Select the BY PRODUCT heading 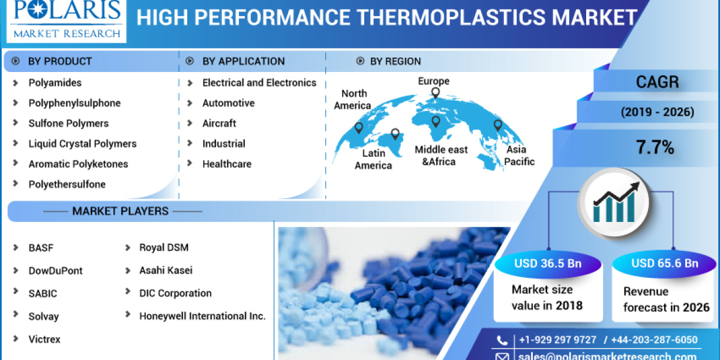click(x=60, y=61)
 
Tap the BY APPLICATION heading click(x=243, y=61)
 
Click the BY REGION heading click(x=395, y=61)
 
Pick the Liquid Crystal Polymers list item click(x=82, y=144)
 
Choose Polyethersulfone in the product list click(x=67, y=185)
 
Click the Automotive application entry click(x=228, y=103)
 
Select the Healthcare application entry click(x=226, y=164)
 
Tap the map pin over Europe click(x=435, y=93)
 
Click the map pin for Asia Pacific click(x=497, y=125)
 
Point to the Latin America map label click(x=373, y=160)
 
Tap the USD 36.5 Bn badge click(x=547, y=263)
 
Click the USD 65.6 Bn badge click(x=664, y=263)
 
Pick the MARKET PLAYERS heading click(x=120, y=211)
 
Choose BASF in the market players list click(x=41, y=248)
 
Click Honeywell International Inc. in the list click(x=202, y=316)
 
